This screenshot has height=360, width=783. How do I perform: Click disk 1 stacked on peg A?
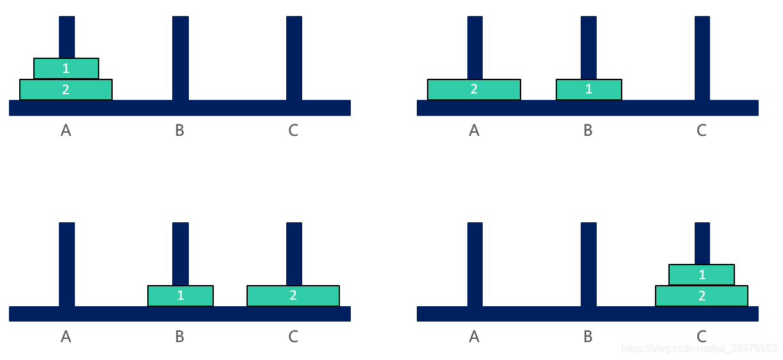[66, 69]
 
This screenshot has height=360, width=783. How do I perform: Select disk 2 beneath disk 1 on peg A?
[66, 90]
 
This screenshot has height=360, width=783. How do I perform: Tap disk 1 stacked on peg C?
[702, 275]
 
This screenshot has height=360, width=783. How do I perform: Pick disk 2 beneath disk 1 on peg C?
[702, 296]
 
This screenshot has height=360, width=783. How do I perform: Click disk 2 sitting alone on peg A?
[474, 90]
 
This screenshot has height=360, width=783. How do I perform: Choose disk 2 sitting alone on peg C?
[293, 296]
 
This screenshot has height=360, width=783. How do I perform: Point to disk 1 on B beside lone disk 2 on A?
[588, 90]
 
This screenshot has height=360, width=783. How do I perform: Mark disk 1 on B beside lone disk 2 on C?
[181, 296]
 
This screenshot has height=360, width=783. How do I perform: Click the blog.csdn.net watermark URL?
[698, 348]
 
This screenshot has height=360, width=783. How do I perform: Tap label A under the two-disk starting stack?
[66, 131]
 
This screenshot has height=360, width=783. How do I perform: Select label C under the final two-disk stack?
[702, 336]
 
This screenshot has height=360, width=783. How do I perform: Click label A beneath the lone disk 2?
[474, 131]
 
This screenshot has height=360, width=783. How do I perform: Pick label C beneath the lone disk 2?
[293, 336]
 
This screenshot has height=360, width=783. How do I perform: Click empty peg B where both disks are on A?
[181, 58]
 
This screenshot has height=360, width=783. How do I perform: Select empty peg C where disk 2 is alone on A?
[702, 58]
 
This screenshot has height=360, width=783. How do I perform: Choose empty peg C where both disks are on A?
[294, 58]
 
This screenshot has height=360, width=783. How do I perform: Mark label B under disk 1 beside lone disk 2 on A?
[588, 131]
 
